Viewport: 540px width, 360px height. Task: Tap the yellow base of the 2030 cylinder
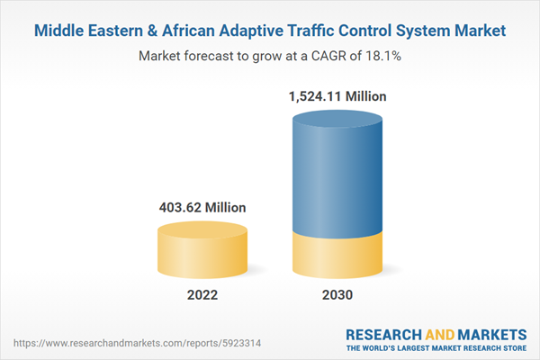click(x=338, y=256)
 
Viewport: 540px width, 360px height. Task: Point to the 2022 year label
click(x=202, y=294)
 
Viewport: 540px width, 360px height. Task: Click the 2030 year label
click(x=338, y=294)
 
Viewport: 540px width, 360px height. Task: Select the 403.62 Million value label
click(x=202, y=207)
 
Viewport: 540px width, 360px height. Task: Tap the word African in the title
click(x=175, y=31)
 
